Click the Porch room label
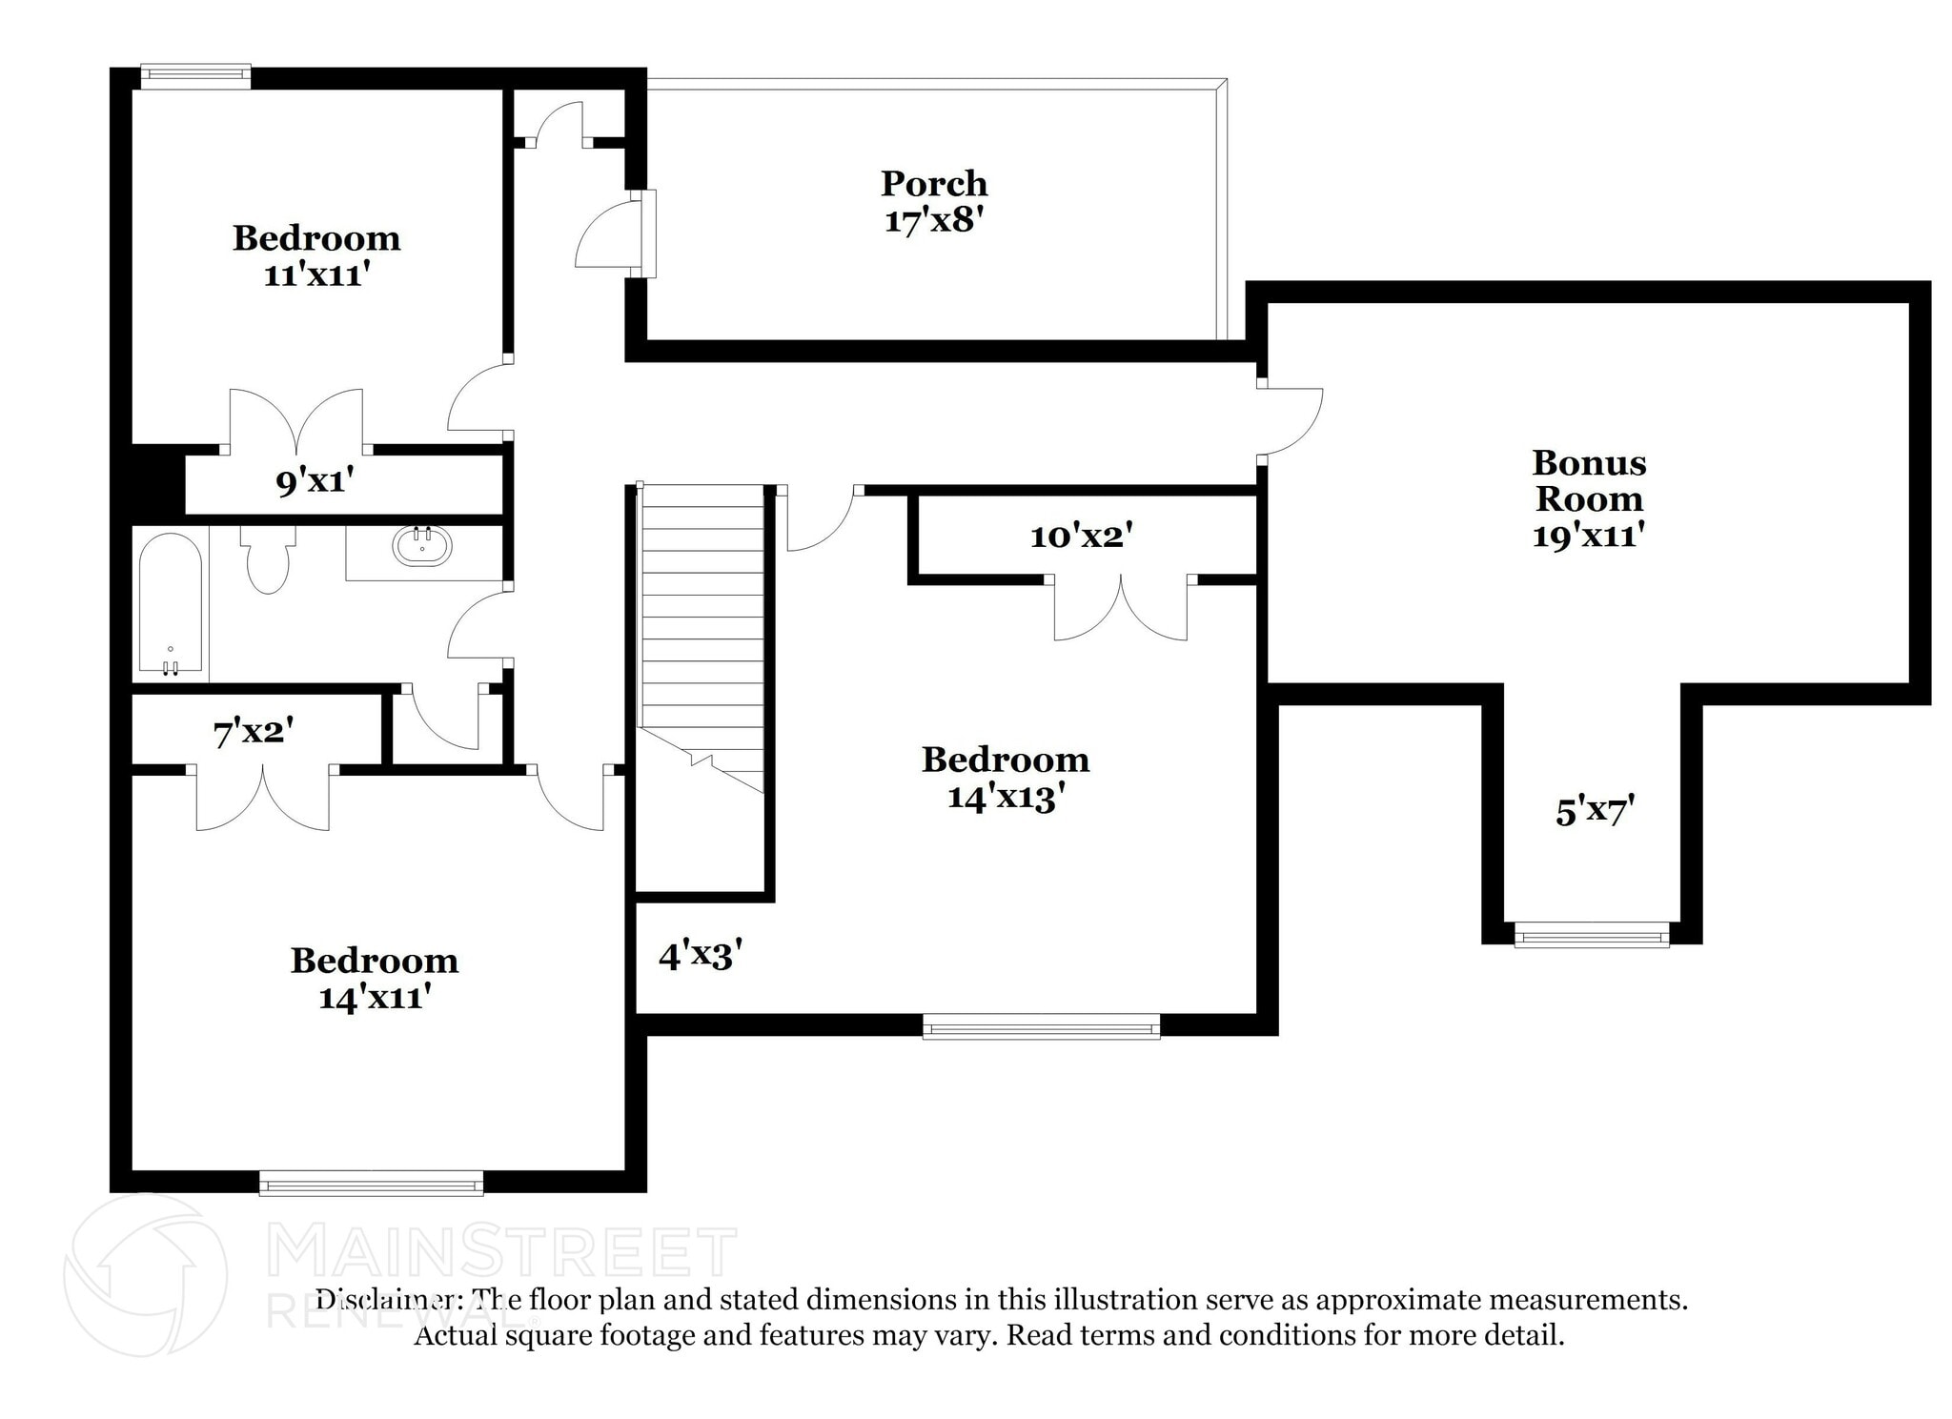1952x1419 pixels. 933,183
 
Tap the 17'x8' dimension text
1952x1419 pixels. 933,220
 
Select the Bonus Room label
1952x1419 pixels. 1589,480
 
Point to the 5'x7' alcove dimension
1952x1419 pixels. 1595,811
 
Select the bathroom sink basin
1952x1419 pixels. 422,547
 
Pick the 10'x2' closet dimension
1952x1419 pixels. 1081,536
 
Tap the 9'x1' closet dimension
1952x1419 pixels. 315,481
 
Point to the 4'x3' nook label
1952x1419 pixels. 700,954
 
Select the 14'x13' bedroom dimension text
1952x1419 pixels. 1005,797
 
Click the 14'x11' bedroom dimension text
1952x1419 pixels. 375,997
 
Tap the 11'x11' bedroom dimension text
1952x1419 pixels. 315,274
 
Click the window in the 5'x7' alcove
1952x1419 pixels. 1591,934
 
